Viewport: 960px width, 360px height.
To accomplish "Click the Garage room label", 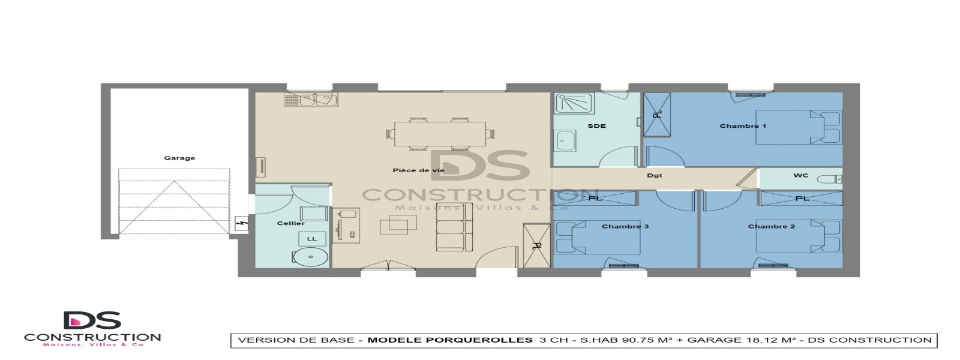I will tap(179, 158).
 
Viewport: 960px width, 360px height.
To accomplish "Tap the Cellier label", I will tap(290, 224).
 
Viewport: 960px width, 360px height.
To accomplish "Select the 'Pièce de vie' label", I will tap(418, 170).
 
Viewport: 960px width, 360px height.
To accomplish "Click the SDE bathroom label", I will tap(596, 126).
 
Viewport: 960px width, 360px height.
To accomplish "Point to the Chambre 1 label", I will tap(743, 126).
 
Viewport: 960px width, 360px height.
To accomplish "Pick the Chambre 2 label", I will tap(772, 226).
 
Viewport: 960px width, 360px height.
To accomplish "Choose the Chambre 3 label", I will tap(625, 226).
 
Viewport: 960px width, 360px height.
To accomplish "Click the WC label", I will tap(801, 176).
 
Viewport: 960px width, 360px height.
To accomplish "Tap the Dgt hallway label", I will tap(655, 176).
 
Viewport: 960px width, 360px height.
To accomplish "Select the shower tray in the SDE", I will tap(573, 103).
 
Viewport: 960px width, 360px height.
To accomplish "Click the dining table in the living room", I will tap(440, 134).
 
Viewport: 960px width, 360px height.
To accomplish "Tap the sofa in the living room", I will tap(450, 227).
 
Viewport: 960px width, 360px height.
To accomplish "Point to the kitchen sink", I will tap(311, 100).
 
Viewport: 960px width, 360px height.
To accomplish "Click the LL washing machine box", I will tap(312, 239).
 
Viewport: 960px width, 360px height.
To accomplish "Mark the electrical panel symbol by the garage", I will tap(242, 224).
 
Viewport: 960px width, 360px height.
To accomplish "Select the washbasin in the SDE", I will tap(564, 143).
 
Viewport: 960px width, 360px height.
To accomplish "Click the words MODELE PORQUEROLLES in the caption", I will tap(449, 340).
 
